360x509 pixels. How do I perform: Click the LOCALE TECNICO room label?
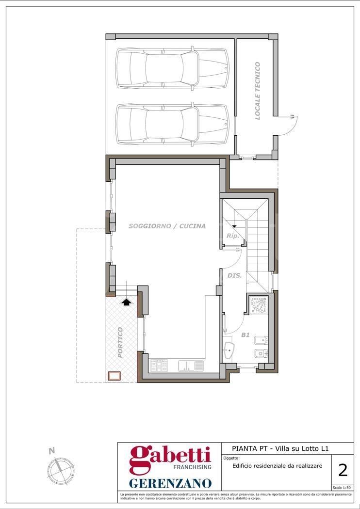258,91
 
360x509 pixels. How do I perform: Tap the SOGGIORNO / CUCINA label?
167,226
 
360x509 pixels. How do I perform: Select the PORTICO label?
120,342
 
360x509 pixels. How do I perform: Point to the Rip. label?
232,236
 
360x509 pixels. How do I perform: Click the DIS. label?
234,276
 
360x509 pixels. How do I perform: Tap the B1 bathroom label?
245,334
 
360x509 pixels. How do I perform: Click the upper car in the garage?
173,68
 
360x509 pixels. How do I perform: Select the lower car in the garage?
173,124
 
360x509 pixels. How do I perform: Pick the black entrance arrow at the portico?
127,302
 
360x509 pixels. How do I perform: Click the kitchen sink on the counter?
191,366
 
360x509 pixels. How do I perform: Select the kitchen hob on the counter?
159,366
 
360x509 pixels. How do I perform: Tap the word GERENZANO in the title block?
170,483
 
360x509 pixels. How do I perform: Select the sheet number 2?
343,470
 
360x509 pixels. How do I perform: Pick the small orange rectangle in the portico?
114,376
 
